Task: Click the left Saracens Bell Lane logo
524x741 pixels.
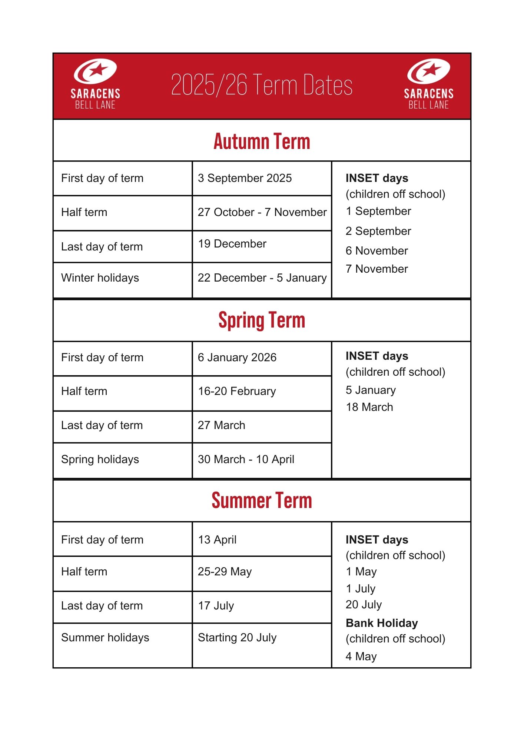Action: pyautogui.click(x=95, y=84)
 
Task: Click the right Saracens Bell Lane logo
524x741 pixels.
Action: pyautogui.click(x=429, y=84)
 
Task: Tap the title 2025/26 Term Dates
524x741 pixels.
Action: pyautogui.click(x=262, y=85)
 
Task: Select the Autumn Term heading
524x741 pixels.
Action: pyautogui.click(x=262, y=141)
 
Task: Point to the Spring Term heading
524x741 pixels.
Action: pyautogui.click(x=262, y=320)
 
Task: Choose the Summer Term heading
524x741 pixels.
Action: pyautogui.click(x=262, y=501)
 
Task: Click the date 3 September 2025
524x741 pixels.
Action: pyautogui.click(x=245, y=178)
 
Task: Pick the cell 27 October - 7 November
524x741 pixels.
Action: pyautogui.click(x=262, y=212)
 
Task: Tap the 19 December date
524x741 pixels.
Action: pyautogui.click(x=232, y=244)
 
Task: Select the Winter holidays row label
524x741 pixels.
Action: pyautogui.click(x=100, y=278)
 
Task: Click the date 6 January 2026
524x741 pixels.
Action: pyautogui.click(x=237, y=358)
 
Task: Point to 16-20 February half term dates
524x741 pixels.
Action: pyautogui.click(x=237, y=391)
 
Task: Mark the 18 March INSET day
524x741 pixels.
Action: pyautogui.click(x=369, y=407)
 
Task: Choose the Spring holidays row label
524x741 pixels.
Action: pyautogui.click(x=100, y=459)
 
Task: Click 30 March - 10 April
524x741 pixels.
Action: pyautogui.click(x=246, y=459)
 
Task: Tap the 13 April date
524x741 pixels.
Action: pyautogui.click(x=217, y=540)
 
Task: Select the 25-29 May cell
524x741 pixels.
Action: pyautogui.click(x=225, y=572)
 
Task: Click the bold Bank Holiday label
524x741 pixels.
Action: pyautogui.click(x=382, y=623)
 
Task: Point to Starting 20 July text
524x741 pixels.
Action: pyautogui.click(x=237, y=638)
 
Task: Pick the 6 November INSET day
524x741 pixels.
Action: pyautogui.click(x=377, y=251)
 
